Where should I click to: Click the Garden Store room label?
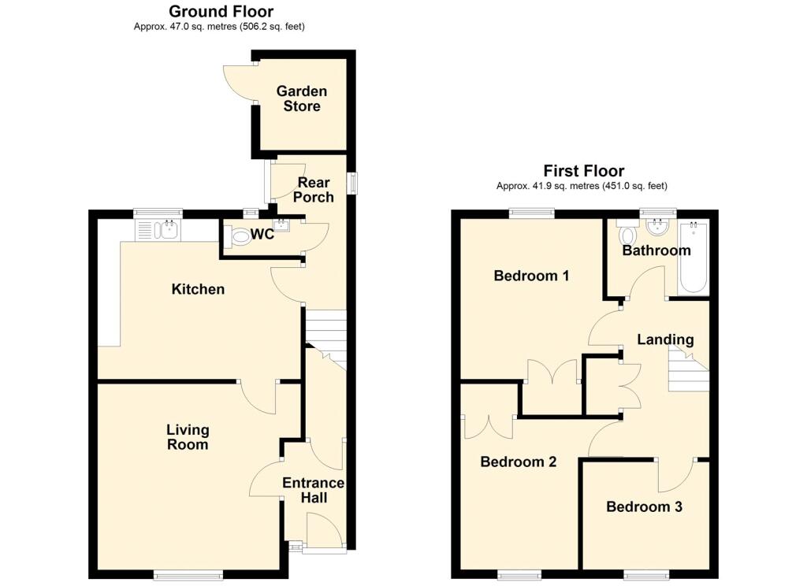click(x=301, y=98)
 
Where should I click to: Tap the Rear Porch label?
click(x=314, y=190)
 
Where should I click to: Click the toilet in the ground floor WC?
click(x=236, y=236)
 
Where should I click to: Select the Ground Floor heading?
click(x=221, y=11)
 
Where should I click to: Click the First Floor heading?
click(x=583, y=171)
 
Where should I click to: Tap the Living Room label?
click(x=188, y=436)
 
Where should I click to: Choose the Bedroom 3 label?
click(x=644, y=506)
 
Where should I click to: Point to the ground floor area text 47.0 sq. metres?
click(x=219, y=27)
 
